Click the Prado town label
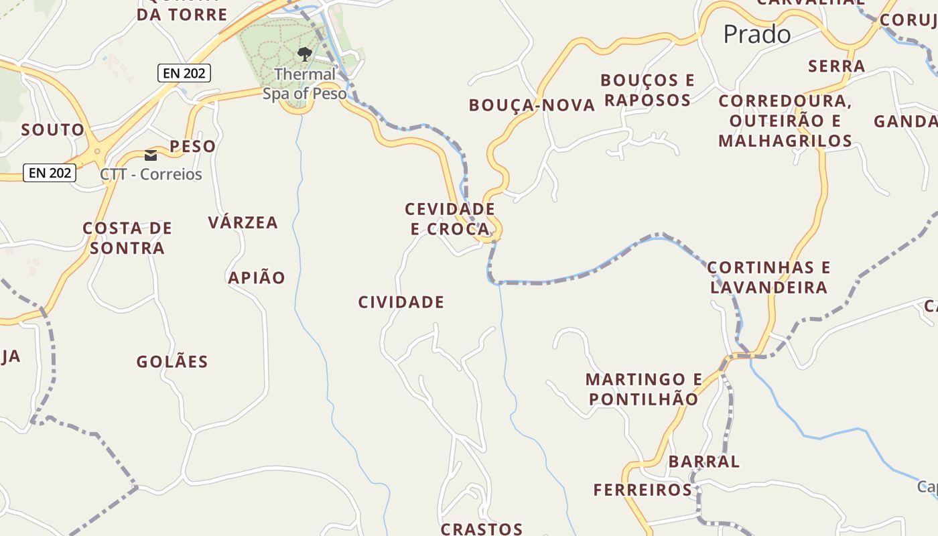coord(757,34)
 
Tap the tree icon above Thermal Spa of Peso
coord(305,54)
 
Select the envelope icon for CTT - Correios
coord(151,155)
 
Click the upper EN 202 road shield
coord(184,73)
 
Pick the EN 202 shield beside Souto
coord(50,173)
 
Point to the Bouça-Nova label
coord(532,105)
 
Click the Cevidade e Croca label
coord(450,219)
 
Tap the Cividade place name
coord(401,302)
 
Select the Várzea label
coord(243,223)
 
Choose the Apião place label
coord(257,277)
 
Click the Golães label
coord(172,362)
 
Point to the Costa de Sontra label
coord(127,238)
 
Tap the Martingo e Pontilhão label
coord(643,389)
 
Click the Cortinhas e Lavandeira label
coord(768,277)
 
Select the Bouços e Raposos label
coord(647,90)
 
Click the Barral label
coord(703,462)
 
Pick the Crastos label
coord(481,529)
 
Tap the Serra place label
coord(836,66)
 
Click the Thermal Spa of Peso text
coord(305,84)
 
